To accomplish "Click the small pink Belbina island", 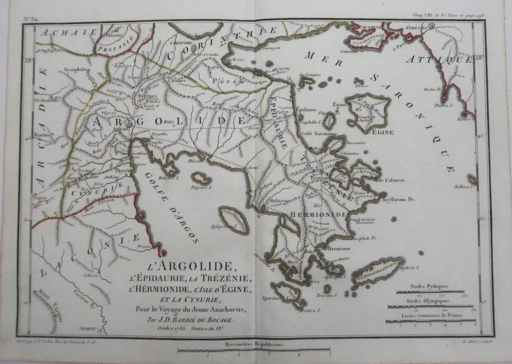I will coord(472,179).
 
